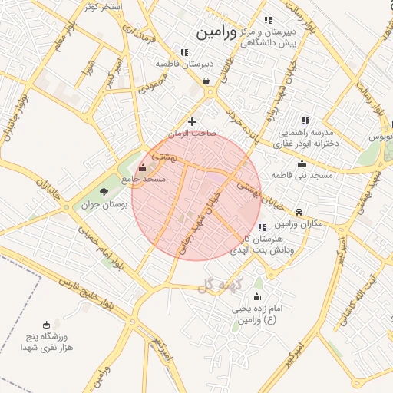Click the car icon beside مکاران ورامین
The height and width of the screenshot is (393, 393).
point(299,212)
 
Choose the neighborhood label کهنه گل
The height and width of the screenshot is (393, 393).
point(219,286)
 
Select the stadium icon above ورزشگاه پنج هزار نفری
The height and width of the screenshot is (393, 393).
point(48,324)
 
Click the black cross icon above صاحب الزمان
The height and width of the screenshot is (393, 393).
point(192,121)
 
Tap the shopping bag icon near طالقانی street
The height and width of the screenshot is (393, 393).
point(206,81)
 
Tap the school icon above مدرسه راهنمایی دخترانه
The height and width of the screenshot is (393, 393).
point(305,121)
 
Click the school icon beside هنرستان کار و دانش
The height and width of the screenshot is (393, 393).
point(261,227)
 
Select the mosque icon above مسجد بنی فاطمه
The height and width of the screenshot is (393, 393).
point(302,163)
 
